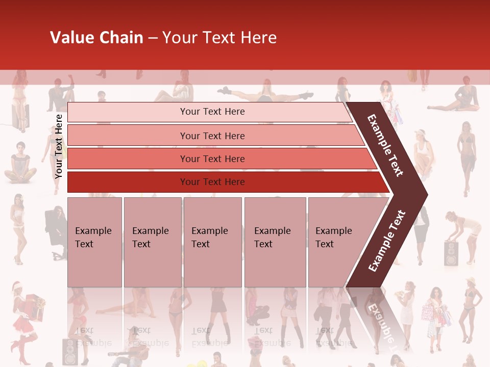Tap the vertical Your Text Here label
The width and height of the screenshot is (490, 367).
click(59, 146)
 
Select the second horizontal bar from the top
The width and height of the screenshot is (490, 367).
click(212, 136)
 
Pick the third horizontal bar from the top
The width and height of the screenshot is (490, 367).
click(212, 159)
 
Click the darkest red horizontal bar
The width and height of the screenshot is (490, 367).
click(212, 182)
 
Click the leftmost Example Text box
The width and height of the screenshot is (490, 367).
click(94, 242)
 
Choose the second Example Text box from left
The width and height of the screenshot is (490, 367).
click(152, 242)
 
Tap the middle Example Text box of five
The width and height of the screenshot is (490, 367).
click(212, 242)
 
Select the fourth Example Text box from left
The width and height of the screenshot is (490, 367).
click(275, 242)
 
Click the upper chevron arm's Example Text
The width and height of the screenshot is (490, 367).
click(385, 145)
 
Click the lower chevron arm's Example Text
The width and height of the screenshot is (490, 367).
click(387, 241)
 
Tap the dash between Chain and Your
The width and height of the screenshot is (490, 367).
click(153, 38)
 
